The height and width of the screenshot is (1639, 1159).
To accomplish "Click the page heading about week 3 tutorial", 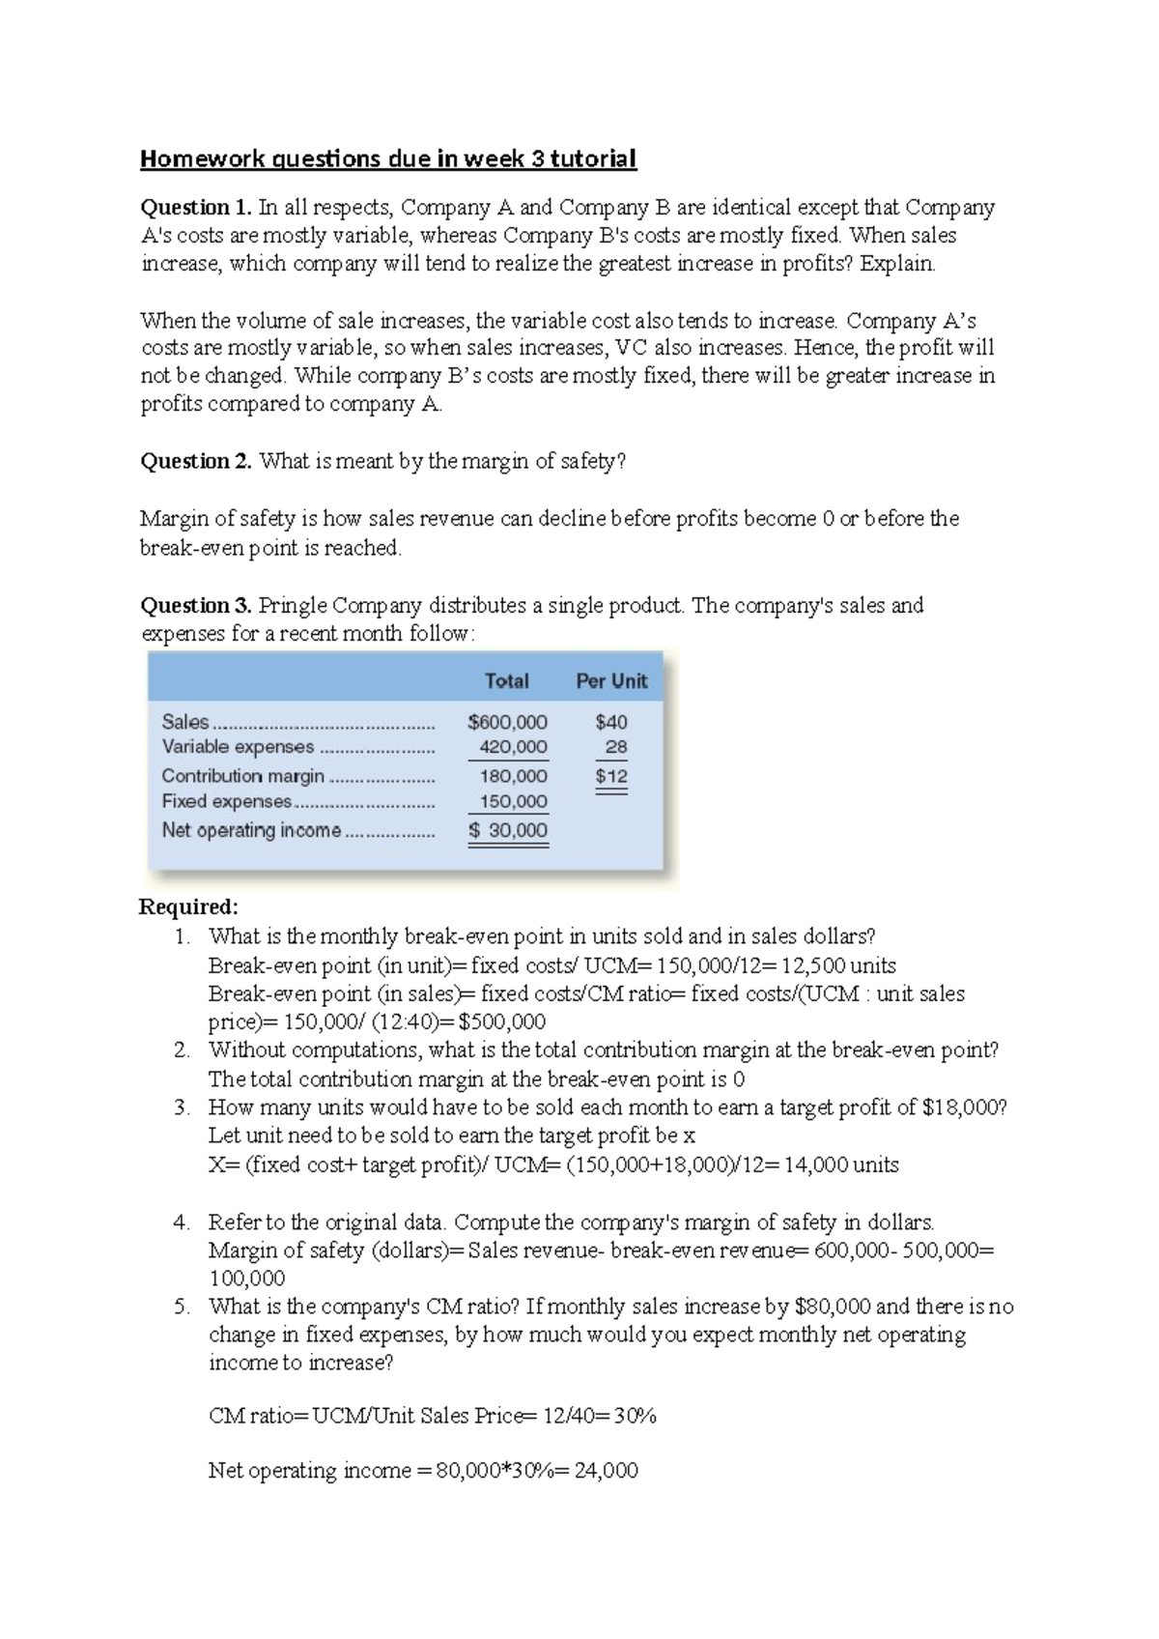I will [x=388, y=158].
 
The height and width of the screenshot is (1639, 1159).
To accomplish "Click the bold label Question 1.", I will [x=196, y=208].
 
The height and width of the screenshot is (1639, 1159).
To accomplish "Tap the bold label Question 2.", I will [x=196, y=462].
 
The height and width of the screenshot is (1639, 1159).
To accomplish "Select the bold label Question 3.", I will [x=196, y=606].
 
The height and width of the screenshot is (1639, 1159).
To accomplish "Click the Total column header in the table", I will [x=506, y=681].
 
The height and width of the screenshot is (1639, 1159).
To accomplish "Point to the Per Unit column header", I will [x=611, y=681].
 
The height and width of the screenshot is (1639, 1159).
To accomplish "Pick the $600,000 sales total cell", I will [x=507, y=722].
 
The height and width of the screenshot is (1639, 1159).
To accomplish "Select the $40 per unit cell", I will [x=611, y=722].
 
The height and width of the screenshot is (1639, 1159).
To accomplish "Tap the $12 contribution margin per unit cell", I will [x=611, y=776].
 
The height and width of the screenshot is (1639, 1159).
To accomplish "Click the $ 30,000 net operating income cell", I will [x=508, y=830].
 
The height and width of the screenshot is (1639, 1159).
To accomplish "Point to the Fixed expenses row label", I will [x=226, y=801].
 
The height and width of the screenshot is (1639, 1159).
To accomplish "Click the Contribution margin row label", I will [x=242, y=776].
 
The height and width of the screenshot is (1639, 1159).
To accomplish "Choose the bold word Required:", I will [x=188, y=907].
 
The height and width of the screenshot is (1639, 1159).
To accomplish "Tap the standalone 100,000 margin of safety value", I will [x=246, y=1279].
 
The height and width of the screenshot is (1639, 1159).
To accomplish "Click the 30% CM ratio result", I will [x=635, y=1417].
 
